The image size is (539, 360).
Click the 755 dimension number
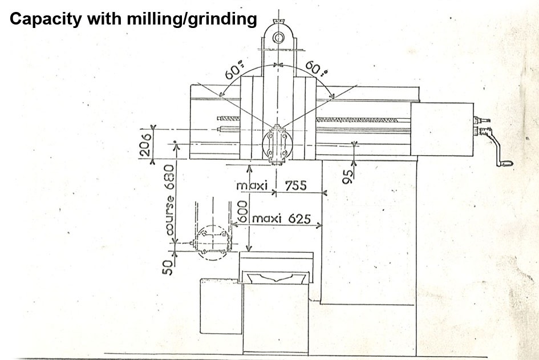coord(295,186)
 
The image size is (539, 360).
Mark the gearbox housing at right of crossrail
coord(443,128)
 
